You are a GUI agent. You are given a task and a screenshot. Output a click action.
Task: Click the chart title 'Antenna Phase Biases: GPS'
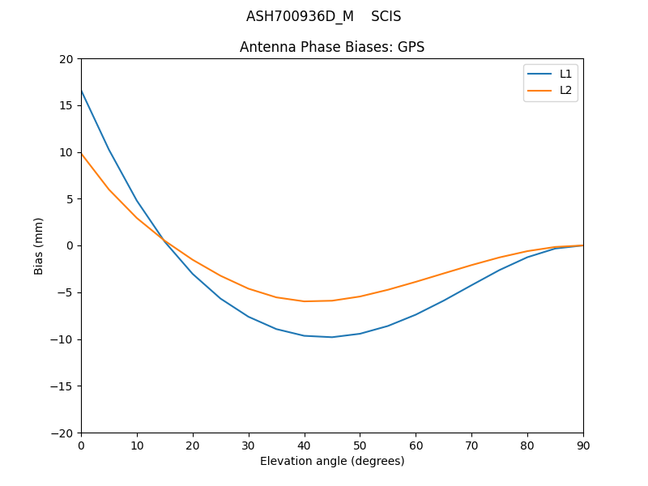point(332,47)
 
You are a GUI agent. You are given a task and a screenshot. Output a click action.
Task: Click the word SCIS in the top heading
point(386,16)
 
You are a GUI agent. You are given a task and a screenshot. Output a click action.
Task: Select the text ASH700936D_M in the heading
point(300,16)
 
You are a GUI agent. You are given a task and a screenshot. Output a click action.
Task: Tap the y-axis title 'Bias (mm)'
point(39,245)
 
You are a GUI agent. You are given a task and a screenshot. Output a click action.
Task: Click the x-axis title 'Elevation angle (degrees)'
point(332,461)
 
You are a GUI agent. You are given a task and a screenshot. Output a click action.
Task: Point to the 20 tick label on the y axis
point(66,59)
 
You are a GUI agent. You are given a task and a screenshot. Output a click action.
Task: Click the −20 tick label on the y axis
point(63,433)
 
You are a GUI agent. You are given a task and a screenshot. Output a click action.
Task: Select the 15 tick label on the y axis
point(66,105)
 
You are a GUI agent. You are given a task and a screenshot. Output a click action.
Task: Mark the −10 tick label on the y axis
point(63,339)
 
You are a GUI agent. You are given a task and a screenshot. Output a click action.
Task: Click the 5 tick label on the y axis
point(70,199)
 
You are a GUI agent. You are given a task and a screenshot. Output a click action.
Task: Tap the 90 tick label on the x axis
point(583,445)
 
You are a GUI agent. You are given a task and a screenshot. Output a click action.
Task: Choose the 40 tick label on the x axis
point(305,445)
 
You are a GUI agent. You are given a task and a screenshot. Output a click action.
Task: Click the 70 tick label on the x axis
point(471,445)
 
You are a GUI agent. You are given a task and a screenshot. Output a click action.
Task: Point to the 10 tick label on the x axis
point(137,445)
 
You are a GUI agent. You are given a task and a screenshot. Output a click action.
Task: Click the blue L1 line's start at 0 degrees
point(81,91)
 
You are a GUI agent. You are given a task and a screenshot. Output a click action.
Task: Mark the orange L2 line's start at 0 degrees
point(81,153)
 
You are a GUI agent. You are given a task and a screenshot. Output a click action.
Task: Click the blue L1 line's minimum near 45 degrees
point(332,337)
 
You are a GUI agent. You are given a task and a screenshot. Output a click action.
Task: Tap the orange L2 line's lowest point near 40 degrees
point(305,301)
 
